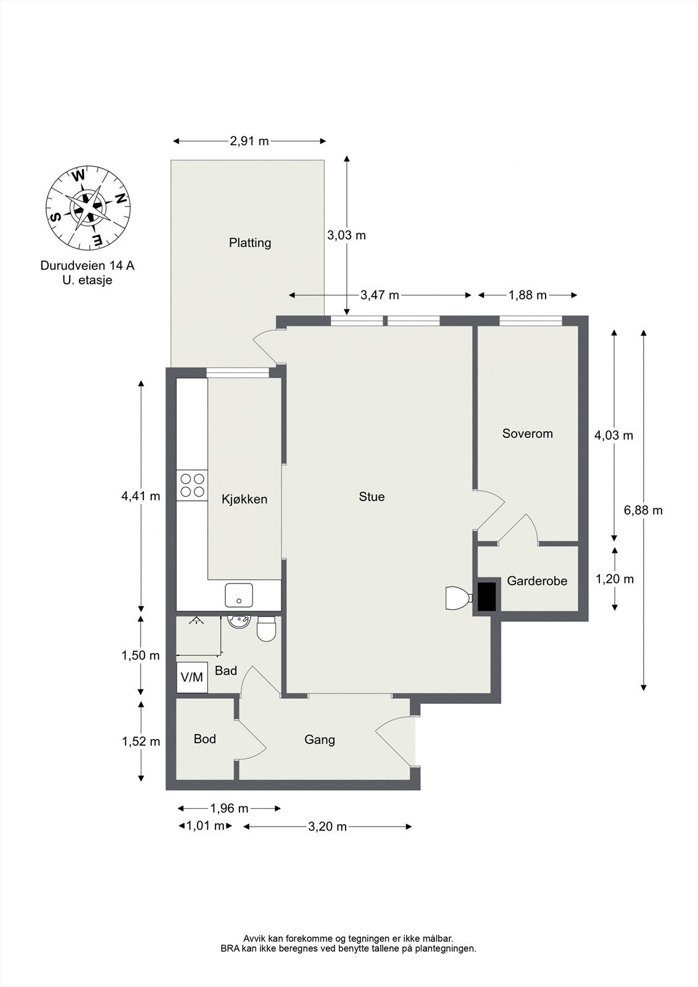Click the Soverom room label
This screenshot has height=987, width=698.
[528, 434]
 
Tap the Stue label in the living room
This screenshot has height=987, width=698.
[372, 497]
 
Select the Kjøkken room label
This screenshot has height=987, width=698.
[244, 499]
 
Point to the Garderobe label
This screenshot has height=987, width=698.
[537, 580]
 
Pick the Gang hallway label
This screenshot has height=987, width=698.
[320, 740]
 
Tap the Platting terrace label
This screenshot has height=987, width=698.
[250, 243]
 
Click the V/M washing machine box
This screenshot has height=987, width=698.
[192, 677]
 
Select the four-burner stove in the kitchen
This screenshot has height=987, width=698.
[192, 485]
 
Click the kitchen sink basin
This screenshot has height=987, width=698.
[239, 595]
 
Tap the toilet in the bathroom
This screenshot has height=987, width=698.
[266, 629]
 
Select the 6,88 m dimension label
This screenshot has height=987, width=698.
[643, 510]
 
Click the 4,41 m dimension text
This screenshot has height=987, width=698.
[141, 496]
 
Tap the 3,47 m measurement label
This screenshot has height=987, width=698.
[380, 295]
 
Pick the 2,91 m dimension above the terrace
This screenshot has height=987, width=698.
[249, 141]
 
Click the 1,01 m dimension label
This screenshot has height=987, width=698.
[206, 826]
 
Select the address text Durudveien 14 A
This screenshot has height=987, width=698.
[87, 266]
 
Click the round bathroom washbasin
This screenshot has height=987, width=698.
[239, 622]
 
